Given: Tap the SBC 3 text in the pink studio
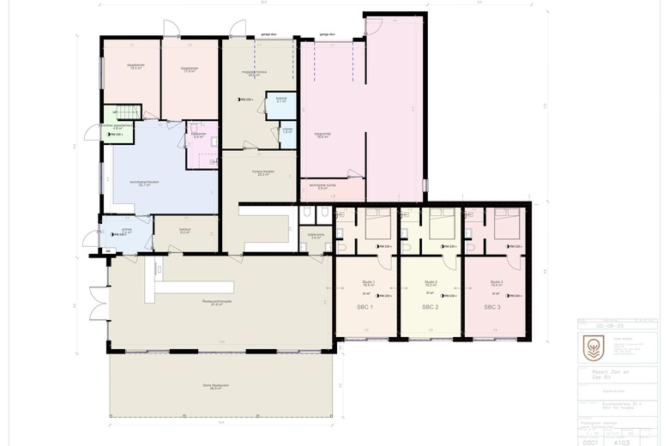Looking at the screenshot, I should tap(492, 307).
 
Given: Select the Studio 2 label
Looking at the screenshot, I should tap(431, 283).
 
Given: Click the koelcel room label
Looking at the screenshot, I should tap(280, 99).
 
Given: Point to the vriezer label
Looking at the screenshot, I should tap(287, 130).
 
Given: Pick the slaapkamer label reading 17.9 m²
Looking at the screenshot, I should tap(190, 70).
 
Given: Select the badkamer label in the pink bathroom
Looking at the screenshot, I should tap(197, 135).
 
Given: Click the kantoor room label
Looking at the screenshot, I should tap(184, 231).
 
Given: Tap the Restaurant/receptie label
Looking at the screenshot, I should tap(217, 304).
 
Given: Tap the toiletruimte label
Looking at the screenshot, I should tap(316, 236).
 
